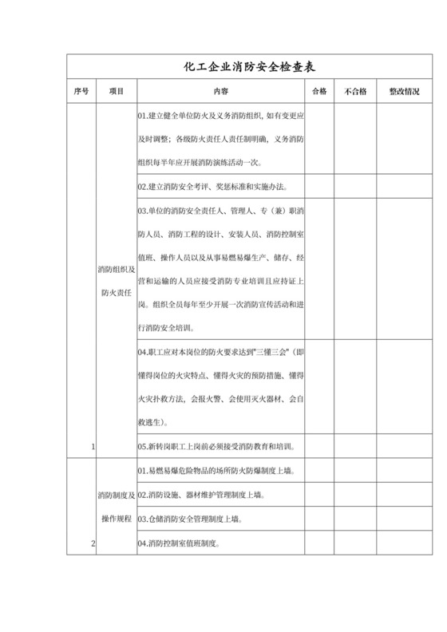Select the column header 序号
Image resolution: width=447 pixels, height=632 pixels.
click(81, 92)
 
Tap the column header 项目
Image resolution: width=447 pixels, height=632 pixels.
click(117, 92)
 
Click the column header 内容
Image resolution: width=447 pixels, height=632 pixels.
click(220, 92)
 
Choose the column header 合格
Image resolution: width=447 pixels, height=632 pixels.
click(319, 92)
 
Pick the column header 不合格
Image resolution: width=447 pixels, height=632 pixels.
click(354, 92)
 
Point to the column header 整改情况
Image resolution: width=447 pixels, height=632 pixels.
click(404, 92)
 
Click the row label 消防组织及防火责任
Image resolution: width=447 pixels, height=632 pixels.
click(117, 281)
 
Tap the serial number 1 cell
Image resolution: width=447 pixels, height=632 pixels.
click(93, 447)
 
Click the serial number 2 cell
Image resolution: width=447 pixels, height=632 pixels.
click(93, 543)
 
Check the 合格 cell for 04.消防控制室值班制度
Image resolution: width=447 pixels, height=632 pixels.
click(319, 543)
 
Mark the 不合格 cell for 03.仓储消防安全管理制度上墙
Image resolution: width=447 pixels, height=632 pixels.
click(354, 519)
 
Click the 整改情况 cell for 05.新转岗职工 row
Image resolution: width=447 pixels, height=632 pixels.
click(404, 447)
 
